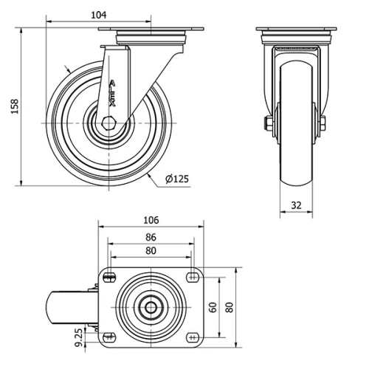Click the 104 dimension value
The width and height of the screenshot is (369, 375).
point(99,15)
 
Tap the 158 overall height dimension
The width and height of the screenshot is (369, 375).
point(15,106)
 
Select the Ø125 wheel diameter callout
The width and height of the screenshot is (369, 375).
point(177,179)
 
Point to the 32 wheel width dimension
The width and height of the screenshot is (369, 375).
point(296,205)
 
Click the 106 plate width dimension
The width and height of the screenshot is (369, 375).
point(151,220)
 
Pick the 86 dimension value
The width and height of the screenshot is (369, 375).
point(151,237)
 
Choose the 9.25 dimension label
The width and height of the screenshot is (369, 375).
point(78,337)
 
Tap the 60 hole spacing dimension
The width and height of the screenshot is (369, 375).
point(213,307)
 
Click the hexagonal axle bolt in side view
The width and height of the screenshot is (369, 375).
point(108,123)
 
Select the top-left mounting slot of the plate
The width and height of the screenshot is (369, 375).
point(109,278)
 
